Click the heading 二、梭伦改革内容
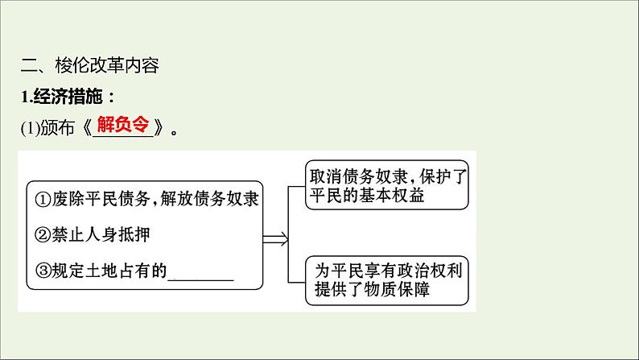pyautogui.click(x=89, y=66)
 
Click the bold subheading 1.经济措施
pyautogui.click(x=68, y=97)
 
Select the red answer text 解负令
pyautogui.click(x=122, y=124)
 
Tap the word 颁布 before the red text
pyautogui.click(x=57, y=128)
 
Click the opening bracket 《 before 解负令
pyautogui.click(x=87, y=128)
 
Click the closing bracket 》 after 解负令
pyautogui.click(x=159, y=128)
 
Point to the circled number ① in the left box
pyautogui.click(x=43, y=200)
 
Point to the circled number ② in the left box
pyautogui.click(x=43, y=235)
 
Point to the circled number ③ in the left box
pyautogui.click(x=43, y=271)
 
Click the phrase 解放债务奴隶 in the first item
pyautogui.click(x=209, y=199)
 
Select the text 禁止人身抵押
pyautogui.click(x=101, y=235)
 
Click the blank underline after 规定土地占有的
pyautogui.click(x=201, y=279)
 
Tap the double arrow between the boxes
pyautogui.click(x=275, y=239)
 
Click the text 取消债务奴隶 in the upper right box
pyautogui.click(x=359, y=177)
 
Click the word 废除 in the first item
pyautogui.click(x=68, y=199)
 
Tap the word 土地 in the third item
pyautogui.click(x=101, y=271)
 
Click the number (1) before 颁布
pyautogui.click(x=30, y=128)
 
